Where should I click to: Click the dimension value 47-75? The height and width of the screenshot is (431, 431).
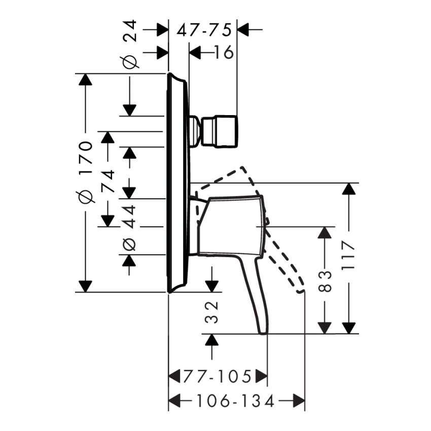coord(204,30)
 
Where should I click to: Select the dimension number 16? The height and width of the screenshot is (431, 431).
coord(223,52)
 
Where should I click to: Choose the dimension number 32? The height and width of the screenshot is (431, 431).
coord(212,311)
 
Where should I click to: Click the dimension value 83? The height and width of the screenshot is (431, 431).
coord(326,280)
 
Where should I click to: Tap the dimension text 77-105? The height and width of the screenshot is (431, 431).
coord(218,377)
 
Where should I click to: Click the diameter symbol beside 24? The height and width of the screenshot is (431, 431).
coord(130,61)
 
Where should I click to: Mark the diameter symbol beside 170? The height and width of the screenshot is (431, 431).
coord(86,196)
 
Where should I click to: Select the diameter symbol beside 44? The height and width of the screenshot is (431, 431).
coord(130,244)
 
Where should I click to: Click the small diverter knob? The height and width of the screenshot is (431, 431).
coord(219,131)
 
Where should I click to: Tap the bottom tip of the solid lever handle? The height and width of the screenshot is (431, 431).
coord(263,332)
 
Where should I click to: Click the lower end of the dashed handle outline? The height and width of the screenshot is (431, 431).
coord(301,292)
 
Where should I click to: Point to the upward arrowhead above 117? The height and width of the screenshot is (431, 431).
coord(348,189)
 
